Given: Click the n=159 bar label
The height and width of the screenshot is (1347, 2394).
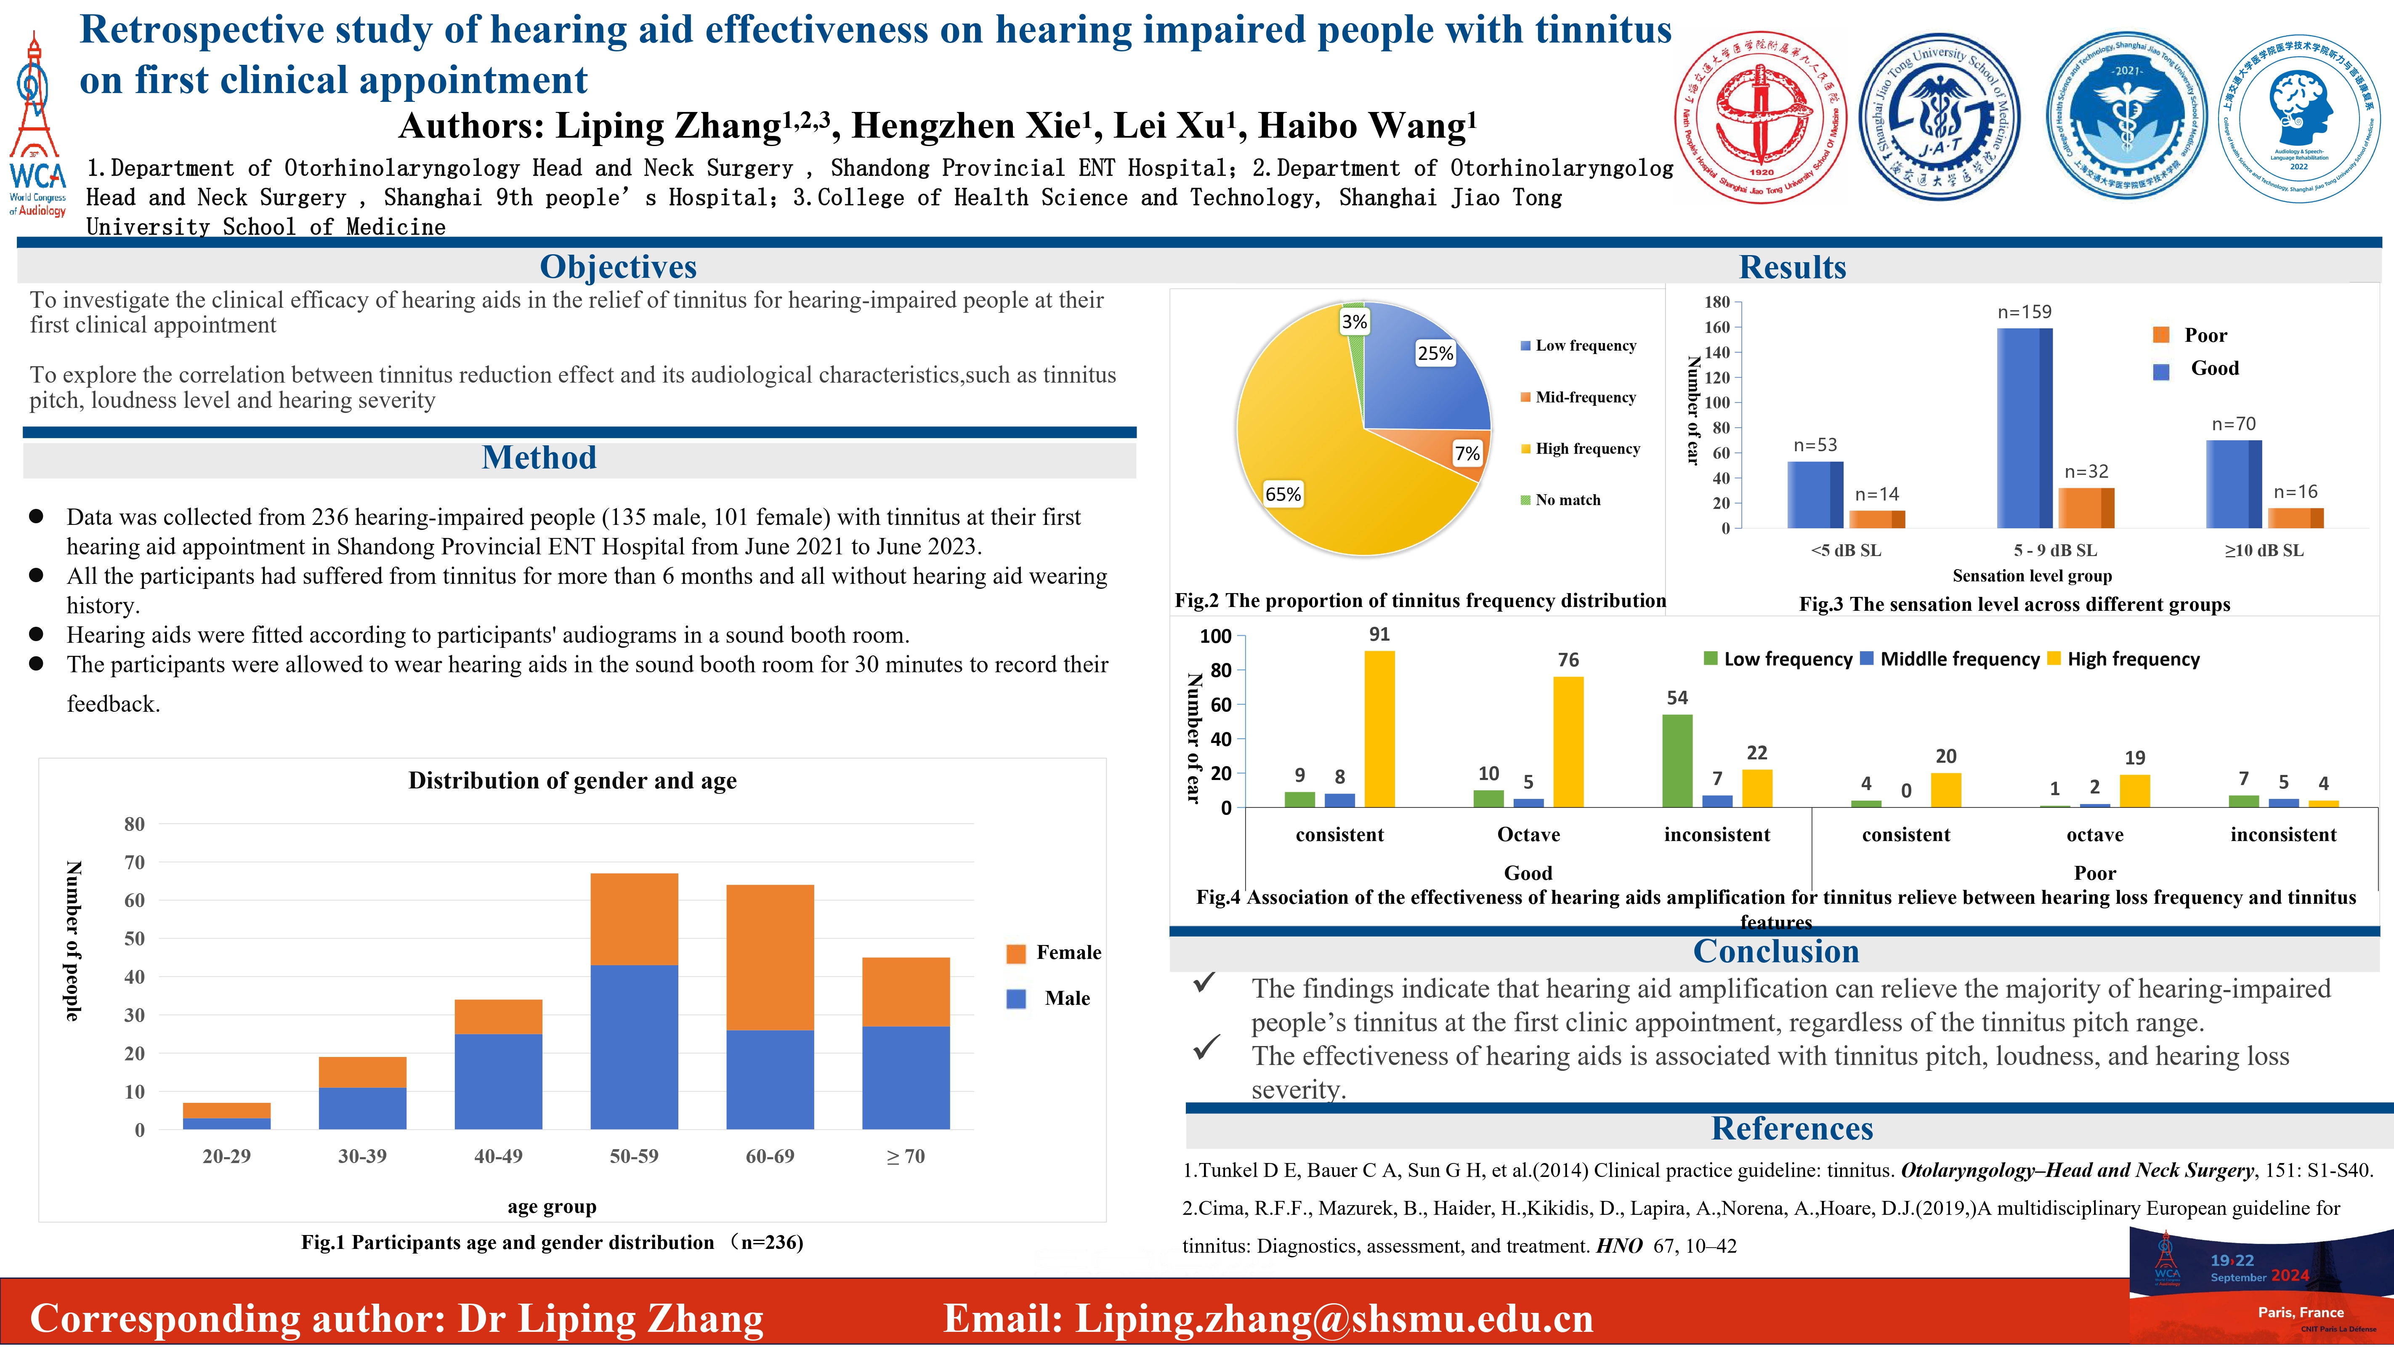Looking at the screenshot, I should (x=2024, y=312).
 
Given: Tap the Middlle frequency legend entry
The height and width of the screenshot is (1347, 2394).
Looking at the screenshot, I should (x=1959, y=659).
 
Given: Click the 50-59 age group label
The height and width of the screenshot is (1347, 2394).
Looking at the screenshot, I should (x=634, y=1156).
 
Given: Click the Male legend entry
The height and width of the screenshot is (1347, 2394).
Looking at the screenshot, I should (x=1066, y=998).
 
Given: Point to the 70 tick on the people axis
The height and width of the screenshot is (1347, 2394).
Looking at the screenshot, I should (x=135, y=863).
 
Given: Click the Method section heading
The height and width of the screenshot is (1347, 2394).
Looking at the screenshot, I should (x=539, y=458).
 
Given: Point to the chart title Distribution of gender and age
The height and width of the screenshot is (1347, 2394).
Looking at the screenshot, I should (x=572, y=781).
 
